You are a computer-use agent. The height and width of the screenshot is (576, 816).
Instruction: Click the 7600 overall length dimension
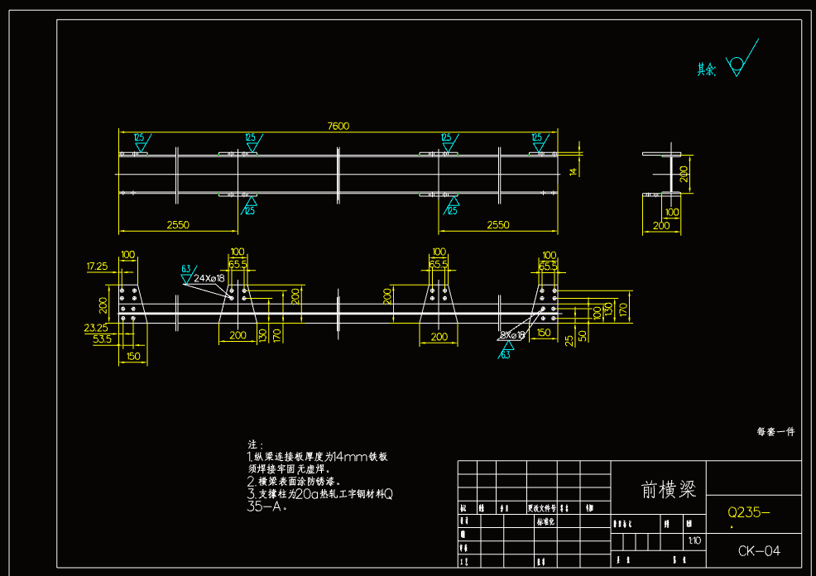point(338,126)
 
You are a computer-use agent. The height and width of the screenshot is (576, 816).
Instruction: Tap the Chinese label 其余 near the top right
point(706,70)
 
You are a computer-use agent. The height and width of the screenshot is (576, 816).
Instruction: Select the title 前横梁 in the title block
point(669,489)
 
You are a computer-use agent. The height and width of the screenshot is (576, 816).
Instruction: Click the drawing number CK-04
point(759,550)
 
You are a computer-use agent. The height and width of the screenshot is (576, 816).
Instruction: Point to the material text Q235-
point(748,512)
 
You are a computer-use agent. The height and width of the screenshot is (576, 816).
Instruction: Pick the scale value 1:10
point(694,540)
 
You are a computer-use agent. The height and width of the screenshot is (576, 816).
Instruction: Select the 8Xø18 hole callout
point(512,335)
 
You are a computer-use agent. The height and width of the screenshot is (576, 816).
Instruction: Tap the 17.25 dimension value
point(98,266)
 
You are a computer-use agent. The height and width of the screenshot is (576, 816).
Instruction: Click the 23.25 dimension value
point(97,328)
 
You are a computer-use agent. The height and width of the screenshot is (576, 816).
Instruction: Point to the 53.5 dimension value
point(102,339)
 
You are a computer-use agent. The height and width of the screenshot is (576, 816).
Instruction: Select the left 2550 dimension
point(178,224)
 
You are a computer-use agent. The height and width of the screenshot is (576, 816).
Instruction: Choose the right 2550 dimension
point(498,224)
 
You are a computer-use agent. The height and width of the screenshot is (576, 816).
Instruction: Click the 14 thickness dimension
point(572,170)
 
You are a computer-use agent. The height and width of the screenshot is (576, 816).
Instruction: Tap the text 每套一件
point(775,431)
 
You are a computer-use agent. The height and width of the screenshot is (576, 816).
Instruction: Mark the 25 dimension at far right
point(569,339)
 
